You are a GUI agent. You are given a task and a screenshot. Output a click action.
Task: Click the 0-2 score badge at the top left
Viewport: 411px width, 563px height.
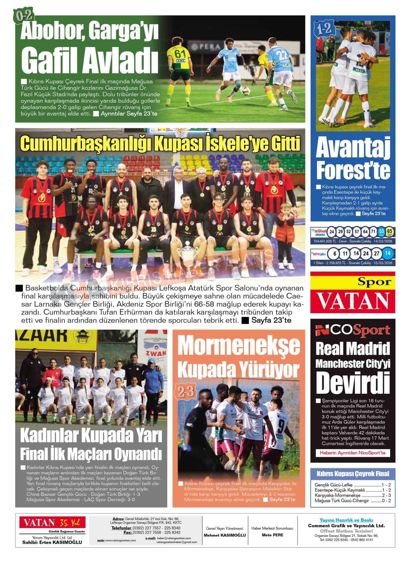23,16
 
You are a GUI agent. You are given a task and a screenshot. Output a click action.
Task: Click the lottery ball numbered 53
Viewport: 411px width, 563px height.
381,231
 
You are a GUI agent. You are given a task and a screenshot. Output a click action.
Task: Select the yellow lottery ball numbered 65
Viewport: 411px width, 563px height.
389,231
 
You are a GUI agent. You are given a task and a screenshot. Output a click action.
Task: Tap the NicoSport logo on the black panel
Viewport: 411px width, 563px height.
353,330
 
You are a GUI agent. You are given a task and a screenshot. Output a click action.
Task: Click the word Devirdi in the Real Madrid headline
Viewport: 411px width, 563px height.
353,383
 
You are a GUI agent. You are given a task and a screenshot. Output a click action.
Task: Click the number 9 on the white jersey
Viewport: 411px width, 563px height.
281,424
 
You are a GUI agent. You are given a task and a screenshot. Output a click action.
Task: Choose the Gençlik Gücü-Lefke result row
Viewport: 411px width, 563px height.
353,485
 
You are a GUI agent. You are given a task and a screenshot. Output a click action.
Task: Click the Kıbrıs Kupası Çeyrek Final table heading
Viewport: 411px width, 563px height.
353,474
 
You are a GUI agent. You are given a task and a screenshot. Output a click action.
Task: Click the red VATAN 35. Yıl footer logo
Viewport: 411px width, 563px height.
52,523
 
